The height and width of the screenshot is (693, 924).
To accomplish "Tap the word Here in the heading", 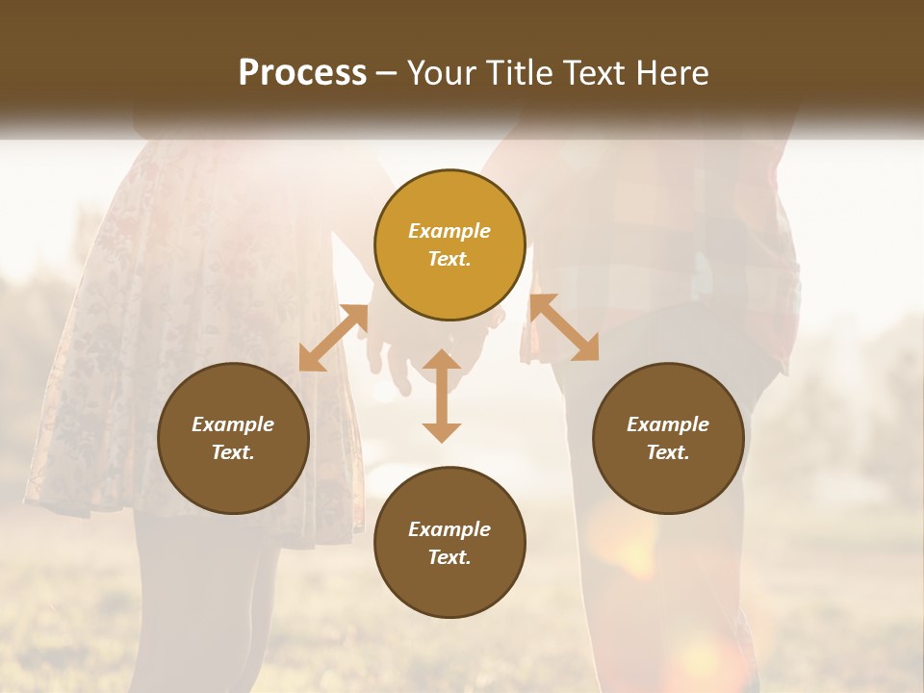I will click(x=672, y=74).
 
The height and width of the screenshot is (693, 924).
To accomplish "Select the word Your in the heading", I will click(x=441, y=74).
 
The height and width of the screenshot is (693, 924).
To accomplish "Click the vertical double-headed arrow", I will click(x=442, y=396).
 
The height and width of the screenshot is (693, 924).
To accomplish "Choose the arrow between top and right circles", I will click(x=564, y=327).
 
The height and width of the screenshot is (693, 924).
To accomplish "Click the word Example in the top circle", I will click(x=449, y=231).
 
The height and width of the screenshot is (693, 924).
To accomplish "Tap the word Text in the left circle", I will click(x=233, y=452).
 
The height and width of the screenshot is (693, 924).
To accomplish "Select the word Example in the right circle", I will click(x=668, y=424).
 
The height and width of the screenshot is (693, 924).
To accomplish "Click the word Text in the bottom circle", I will click(x=449, y=557).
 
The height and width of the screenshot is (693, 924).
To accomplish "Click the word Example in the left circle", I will click(x=233, y=424).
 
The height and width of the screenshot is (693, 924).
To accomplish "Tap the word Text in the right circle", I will click(x=668, y=452).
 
